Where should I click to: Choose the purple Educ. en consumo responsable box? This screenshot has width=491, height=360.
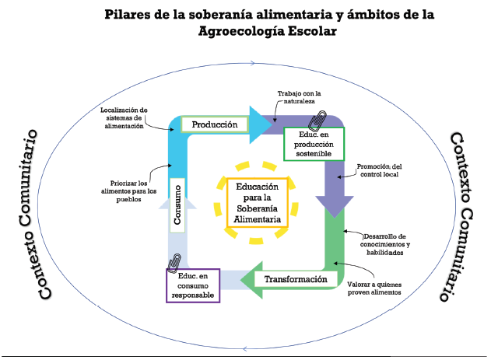click(192, 285)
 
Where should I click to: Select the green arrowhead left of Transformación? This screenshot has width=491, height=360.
click(252, 279)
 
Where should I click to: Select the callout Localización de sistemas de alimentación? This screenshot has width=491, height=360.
click(124, 117)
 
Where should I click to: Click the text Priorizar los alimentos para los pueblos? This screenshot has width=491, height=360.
click(128, 190)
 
